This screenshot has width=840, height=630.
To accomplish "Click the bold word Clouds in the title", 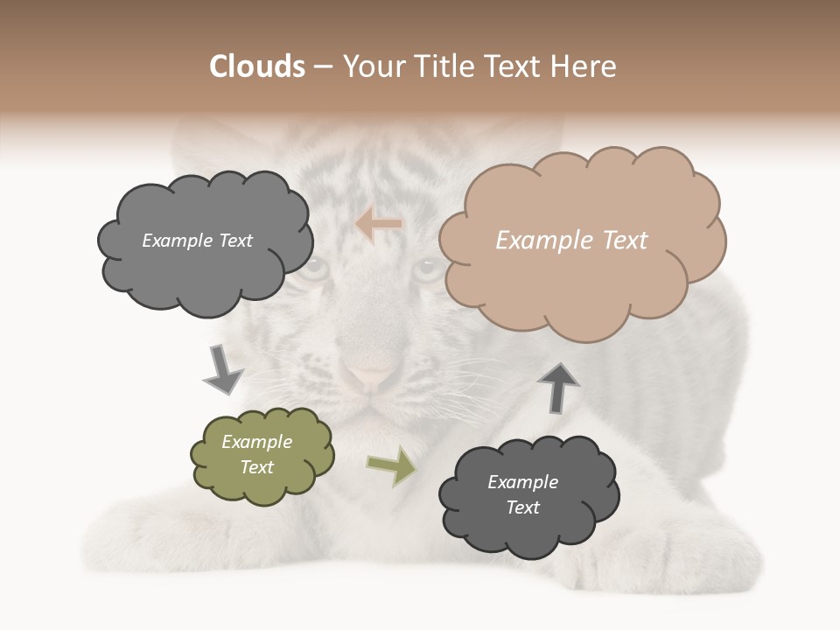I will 257,66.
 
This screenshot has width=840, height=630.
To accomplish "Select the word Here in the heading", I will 584,66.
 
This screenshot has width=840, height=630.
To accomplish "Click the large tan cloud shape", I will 581,262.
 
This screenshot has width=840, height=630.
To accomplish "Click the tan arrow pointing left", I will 379,225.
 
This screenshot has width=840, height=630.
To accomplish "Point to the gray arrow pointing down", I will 222,370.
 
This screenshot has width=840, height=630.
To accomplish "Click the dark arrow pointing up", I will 559,387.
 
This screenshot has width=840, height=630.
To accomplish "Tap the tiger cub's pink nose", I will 370,377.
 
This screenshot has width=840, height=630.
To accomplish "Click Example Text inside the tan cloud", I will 571,241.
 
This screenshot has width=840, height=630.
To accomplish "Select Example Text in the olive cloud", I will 257,454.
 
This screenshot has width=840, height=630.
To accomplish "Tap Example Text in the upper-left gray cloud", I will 197,241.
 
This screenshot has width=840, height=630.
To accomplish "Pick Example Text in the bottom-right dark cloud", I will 523,494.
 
